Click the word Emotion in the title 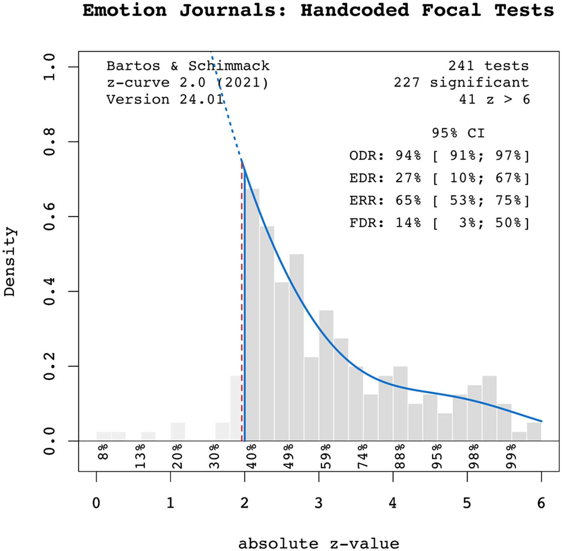coord(125,10)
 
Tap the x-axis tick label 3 coord(318,503)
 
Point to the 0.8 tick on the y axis coord(49,142)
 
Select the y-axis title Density coord(10,262)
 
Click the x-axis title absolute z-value coord(318,543)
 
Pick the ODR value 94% coord(408,155)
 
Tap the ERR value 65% coord(408,200)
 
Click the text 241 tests coord(488,66)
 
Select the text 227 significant coord(461,82)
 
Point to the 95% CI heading coord(458,133)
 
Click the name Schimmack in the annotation coord(229,66)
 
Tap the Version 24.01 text coord(165,99)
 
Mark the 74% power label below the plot coord(362,456)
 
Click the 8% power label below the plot coord(103,452)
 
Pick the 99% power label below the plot coord(511,456)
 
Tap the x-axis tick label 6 coord(541,503)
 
